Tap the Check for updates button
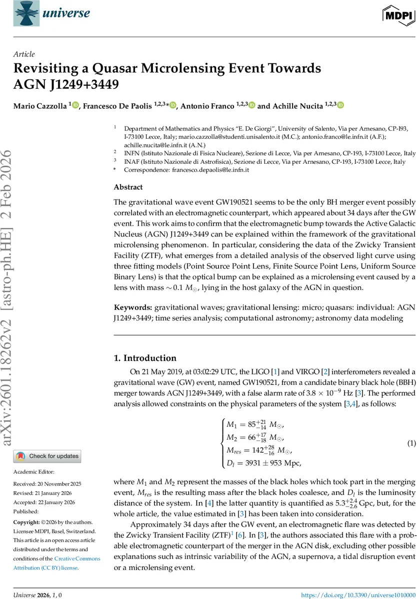point(47,456)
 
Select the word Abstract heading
point(128,187)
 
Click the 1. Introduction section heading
point(145,358)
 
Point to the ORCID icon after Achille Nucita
point(341,105)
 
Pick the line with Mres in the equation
point(255,451)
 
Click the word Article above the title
point(24,54)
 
